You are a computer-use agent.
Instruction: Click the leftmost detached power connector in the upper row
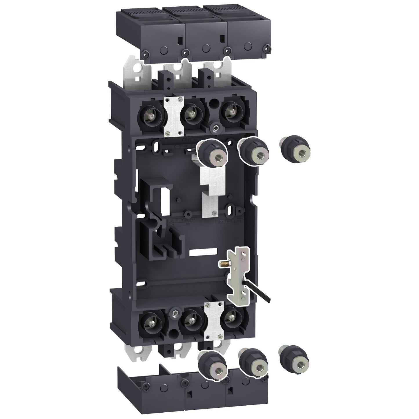[x=212, y=152]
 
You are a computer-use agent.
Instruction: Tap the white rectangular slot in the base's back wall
[x=203, y=253]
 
